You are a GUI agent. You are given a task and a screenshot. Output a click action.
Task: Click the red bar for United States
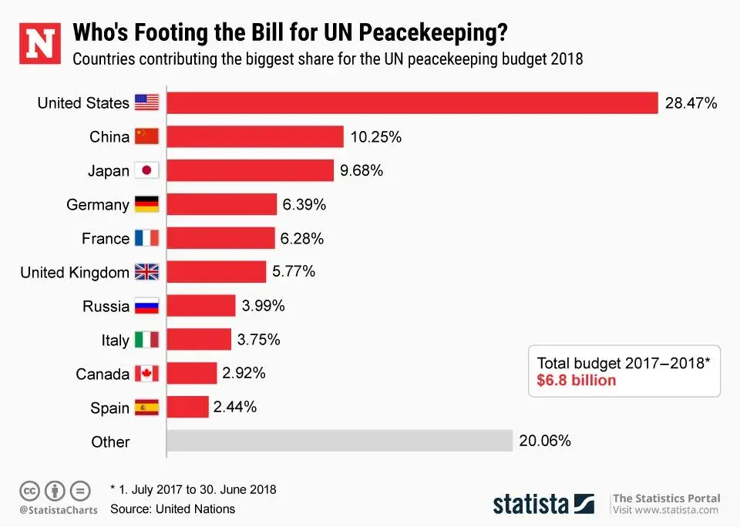pyautogui.click(x=412, y=103)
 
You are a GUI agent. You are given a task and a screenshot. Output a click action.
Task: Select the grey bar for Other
pyautogui.click(x=340, y=441)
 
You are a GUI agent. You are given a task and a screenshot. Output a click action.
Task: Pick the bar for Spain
pyautogui.click(x=188, y=407)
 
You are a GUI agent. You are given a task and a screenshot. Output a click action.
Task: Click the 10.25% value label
pyautogui.click(x=376, y=137)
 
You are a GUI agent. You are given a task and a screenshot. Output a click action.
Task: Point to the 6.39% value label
pyautogui.click(x=304, y=205)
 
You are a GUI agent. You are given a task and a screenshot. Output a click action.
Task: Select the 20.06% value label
pyautogui.click(x=545, y=441)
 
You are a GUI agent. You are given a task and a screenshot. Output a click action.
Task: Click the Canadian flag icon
pyautogui.click(x=146, y=374)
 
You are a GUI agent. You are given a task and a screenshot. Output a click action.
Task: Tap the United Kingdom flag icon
pyautogui.click(x=146, y=273)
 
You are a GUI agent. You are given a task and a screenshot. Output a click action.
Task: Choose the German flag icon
pyautogui.click(x=146, y=205)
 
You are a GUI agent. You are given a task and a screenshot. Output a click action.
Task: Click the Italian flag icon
pyautogui.click(x=146, y=340)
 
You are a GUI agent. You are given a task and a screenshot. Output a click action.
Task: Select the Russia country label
pyautogui.click(x=106, y=307)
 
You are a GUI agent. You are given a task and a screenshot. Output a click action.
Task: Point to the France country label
pyautogui.click(x=106, y=239)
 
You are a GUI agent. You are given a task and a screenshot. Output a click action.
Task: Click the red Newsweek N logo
pyautogui.click(x=39, y=42)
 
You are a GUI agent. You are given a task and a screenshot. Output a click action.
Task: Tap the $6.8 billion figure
pyautogui.click(x=577, y=381)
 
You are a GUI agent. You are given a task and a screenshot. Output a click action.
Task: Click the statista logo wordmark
pyautogui.click(x=532, y=504)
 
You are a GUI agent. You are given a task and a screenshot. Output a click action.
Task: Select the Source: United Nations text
pyautogui.click(x=173, y=509)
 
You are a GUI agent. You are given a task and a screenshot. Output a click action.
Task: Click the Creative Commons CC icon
pyautogui.click(x=30, y=490)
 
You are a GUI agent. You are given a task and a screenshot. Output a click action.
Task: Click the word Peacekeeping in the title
pyautogui.click(x=432, y=34)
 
